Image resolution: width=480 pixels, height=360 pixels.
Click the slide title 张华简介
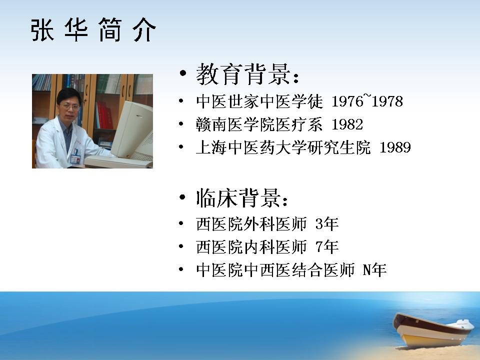coord(93,29)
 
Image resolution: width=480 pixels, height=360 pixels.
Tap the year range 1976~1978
coord(367,101)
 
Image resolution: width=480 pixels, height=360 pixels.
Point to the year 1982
coord(347,124)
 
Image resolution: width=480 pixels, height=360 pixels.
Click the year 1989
coord(395,147)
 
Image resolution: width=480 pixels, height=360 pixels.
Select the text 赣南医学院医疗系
coord(259,124)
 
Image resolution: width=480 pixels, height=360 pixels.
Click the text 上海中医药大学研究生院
coord(283,147)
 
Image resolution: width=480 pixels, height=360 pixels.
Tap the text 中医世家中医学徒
coord(259,101)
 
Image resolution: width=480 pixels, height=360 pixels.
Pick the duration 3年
coord(327,224)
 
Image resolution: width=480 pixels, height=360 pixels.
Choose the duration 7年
coord(327,246)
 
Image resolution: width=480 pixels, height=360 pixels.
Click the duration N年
coord(374,269)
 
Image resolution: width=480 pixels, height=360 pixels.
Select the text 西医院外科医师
coord(251,224)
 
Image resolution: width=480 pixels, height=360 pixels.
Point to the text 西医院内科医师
coord(251,246)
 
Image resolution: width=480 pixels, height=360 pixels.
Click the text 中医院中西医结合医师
coord(275,269)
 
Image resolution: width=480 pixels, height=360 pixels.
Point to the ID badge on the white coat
coord(75,159)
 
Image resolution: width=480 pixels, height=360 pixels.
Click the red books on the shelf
coord(104,115)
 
